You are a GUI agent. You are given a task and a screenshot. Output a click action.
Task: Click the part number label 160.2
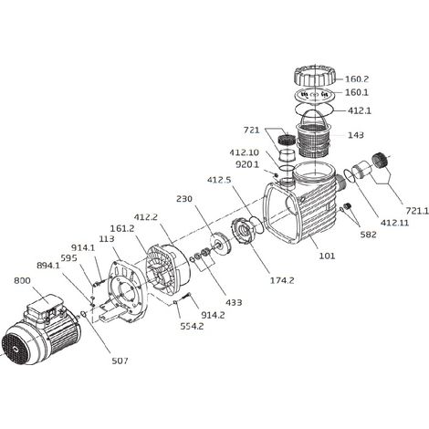356,79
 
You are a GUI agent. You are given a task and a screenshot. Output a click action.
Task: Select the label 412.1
360,110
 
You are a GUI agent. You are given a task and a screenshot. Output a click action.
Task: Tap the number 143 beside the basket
355,135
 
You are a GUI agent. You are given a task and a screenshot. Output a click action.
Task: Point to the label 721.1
417,210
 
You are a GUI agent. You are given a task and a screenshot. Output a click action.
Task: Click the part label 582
368,235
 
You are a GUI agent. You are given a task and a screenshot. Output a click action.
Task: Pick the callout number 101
327,256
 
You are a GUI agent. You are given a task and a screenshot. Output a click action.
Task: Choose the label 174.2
282,280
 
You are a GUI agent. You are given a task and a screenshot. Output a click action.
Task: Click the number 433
234,302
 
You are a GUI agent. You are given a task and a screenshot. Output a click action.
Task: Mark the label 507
120,361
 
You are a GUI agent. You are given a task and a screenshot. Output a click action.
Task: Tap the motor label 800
22,280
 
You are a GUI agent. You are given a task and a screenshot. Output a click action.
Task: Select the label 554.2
192,326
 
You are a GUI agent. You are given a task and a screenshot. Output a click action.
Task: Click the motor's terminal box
43,307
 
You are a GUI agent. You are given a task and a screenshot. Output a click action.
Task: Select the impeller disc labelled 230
221,243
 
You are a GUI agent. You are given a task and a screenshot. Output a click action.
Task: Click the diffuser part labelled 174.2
243,231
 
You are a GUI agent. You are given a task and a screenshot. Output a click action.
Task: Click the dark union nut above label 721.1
380,161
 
